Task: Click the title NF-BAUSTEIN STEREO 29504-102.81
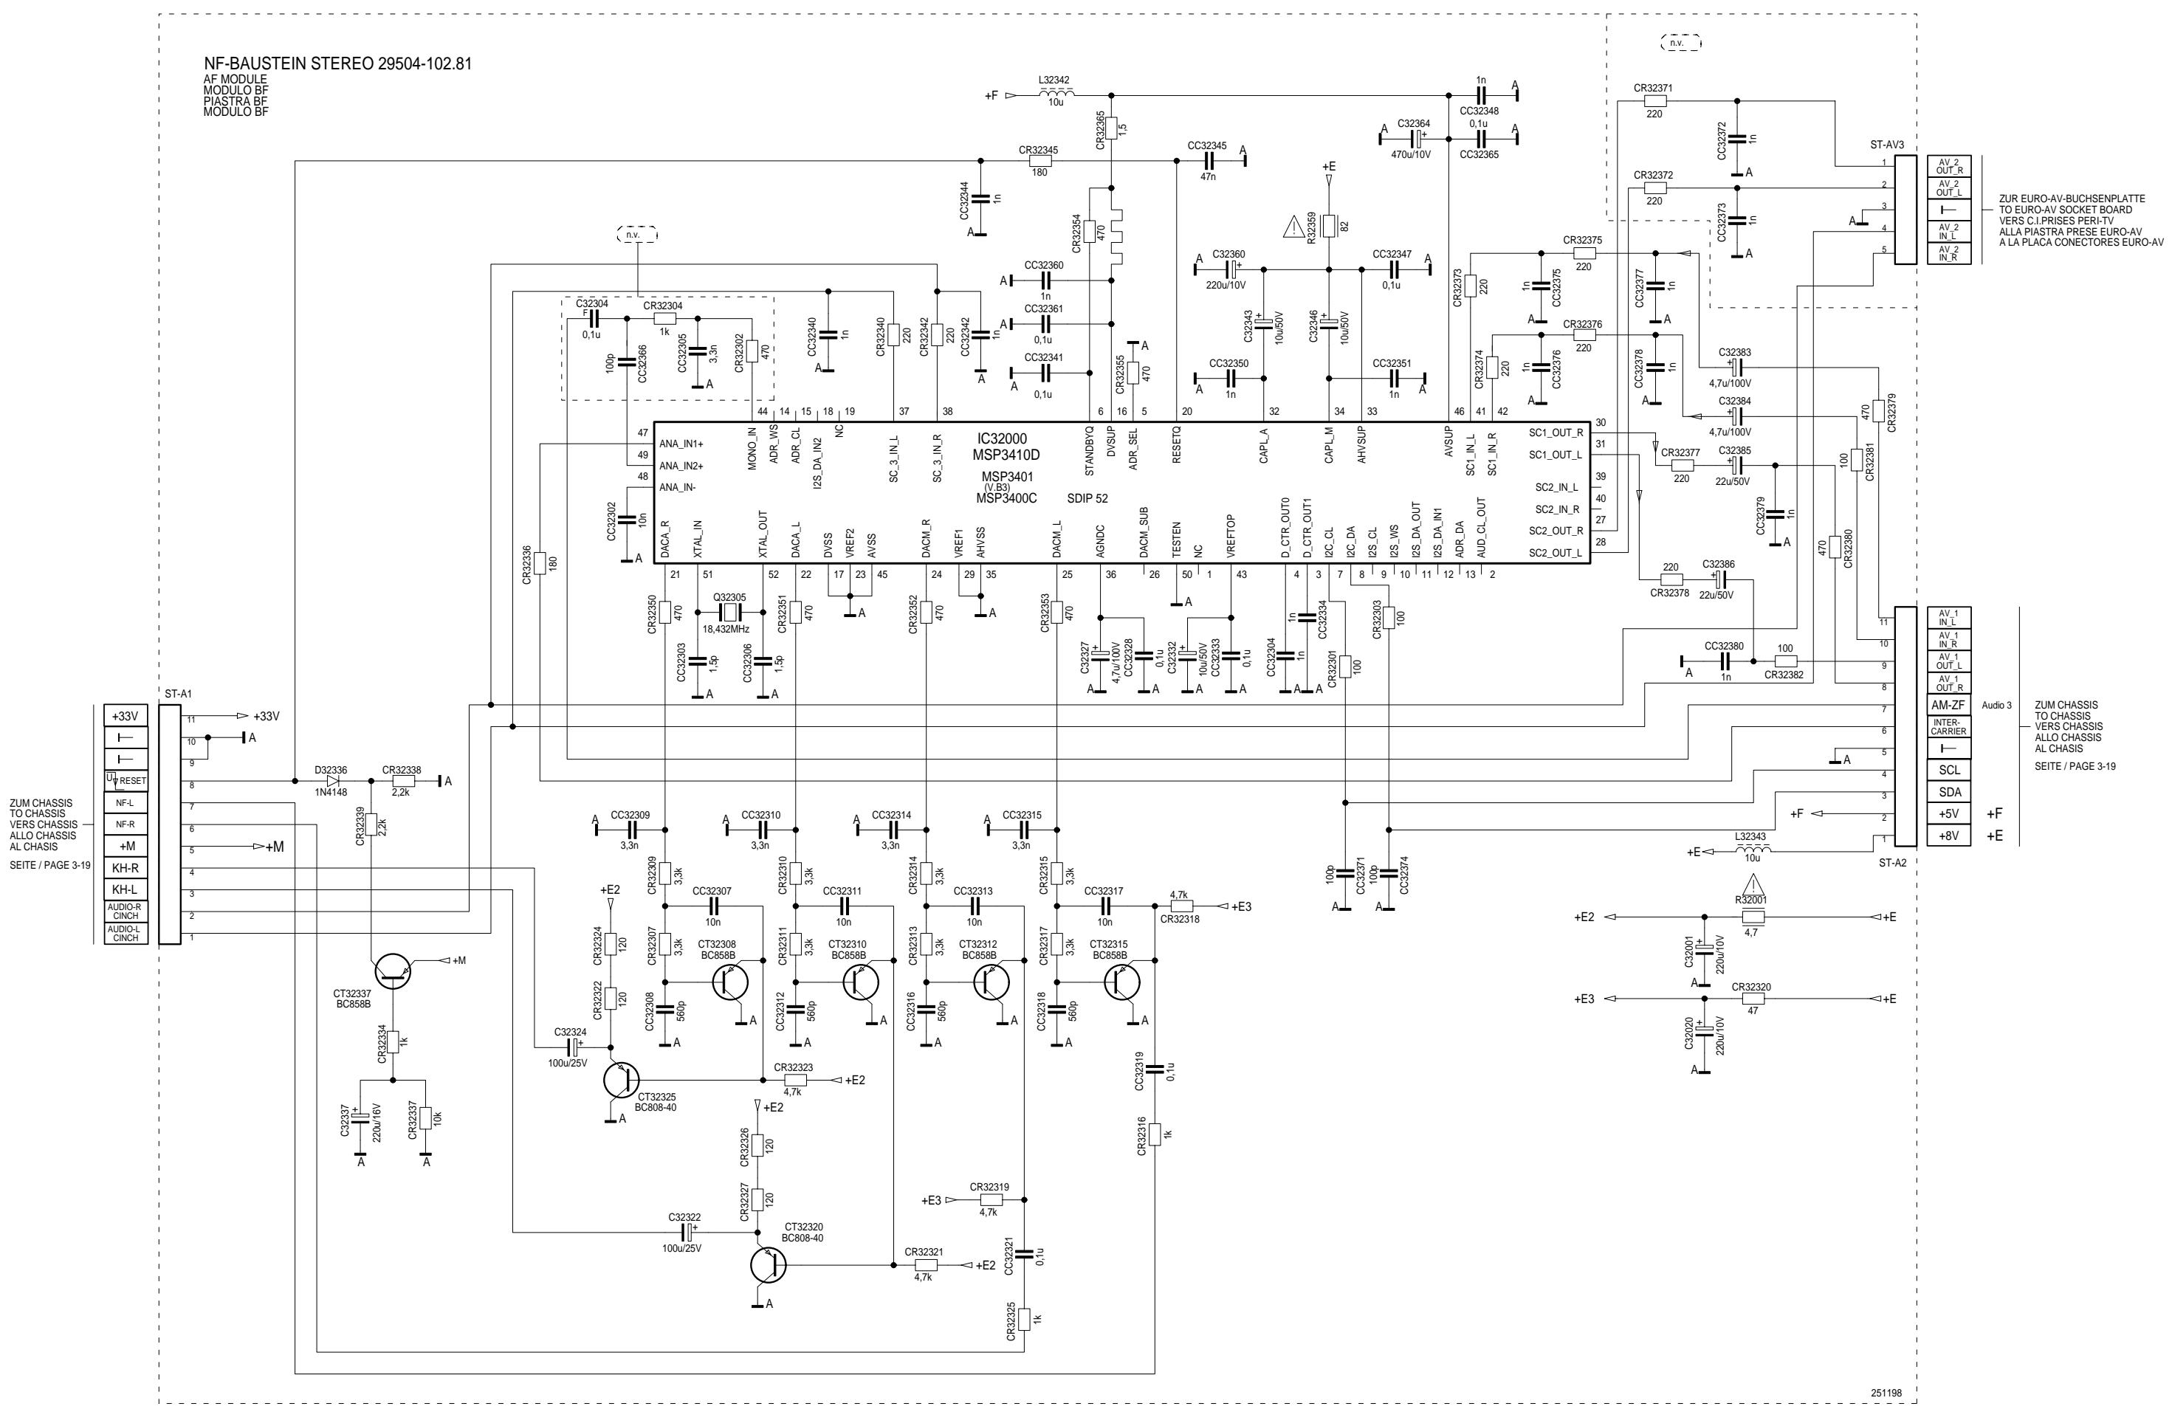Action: pyautogui.click(x=337, y=65)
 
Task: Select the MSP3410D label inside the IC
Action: pyautogui.click(x=1006, y=455)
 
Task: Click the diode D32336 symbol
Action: pyautogui.click(x=332, y=781)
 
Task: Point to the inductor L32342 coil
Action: pyautogui.click(x=1056, y=93)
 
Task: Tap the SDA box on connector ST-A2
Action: pyautogui.click(x=1948, y=792)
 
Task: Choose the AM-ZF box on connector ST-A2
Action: pyautogui.click(x=1948, y=706)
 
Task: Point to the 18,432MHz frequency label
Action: pyautogui.click(x=726, y=629)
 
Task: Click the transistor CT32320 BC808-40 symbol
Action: pyautogui.click(x=768, y=1266)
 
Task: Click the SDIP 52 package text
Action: pyautogui.click(x=1087, y=499)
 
